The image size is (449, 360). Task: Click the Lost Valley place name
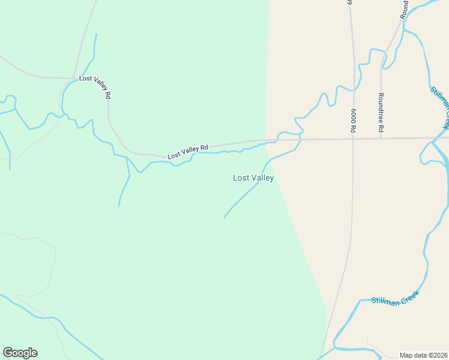(253, 178)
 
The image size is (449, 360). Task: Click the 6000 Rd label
(354, 121)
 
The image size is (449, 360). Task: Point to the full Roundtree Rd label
(381, 112)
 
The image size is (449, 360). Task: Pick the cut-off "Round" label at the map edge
(405, 8)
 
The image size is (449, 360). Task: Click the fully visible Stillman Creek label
(394, 299)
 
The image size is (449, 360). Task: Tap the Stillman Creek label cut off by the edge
(440, 107)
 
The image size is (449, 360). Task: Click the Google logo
(20, 353)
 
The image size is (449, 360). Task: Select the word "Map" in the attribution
(406, 355)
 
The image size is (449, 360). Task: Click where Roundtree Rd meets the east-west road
(381, 139)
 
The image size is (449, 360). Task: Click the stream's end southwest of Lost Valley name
(224, 217)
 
